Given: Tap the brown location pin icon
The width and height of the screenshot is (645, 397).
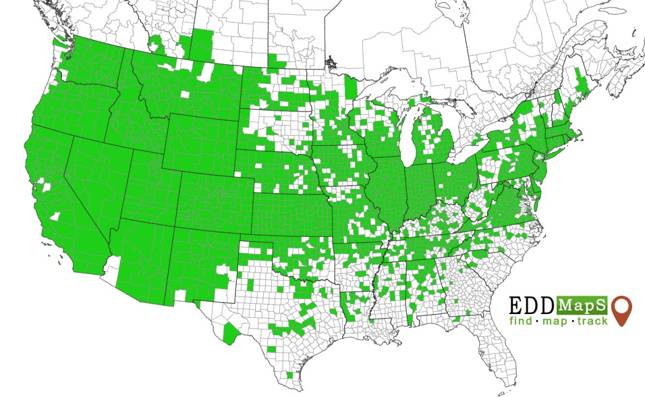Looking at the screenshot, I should point(622,310).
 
